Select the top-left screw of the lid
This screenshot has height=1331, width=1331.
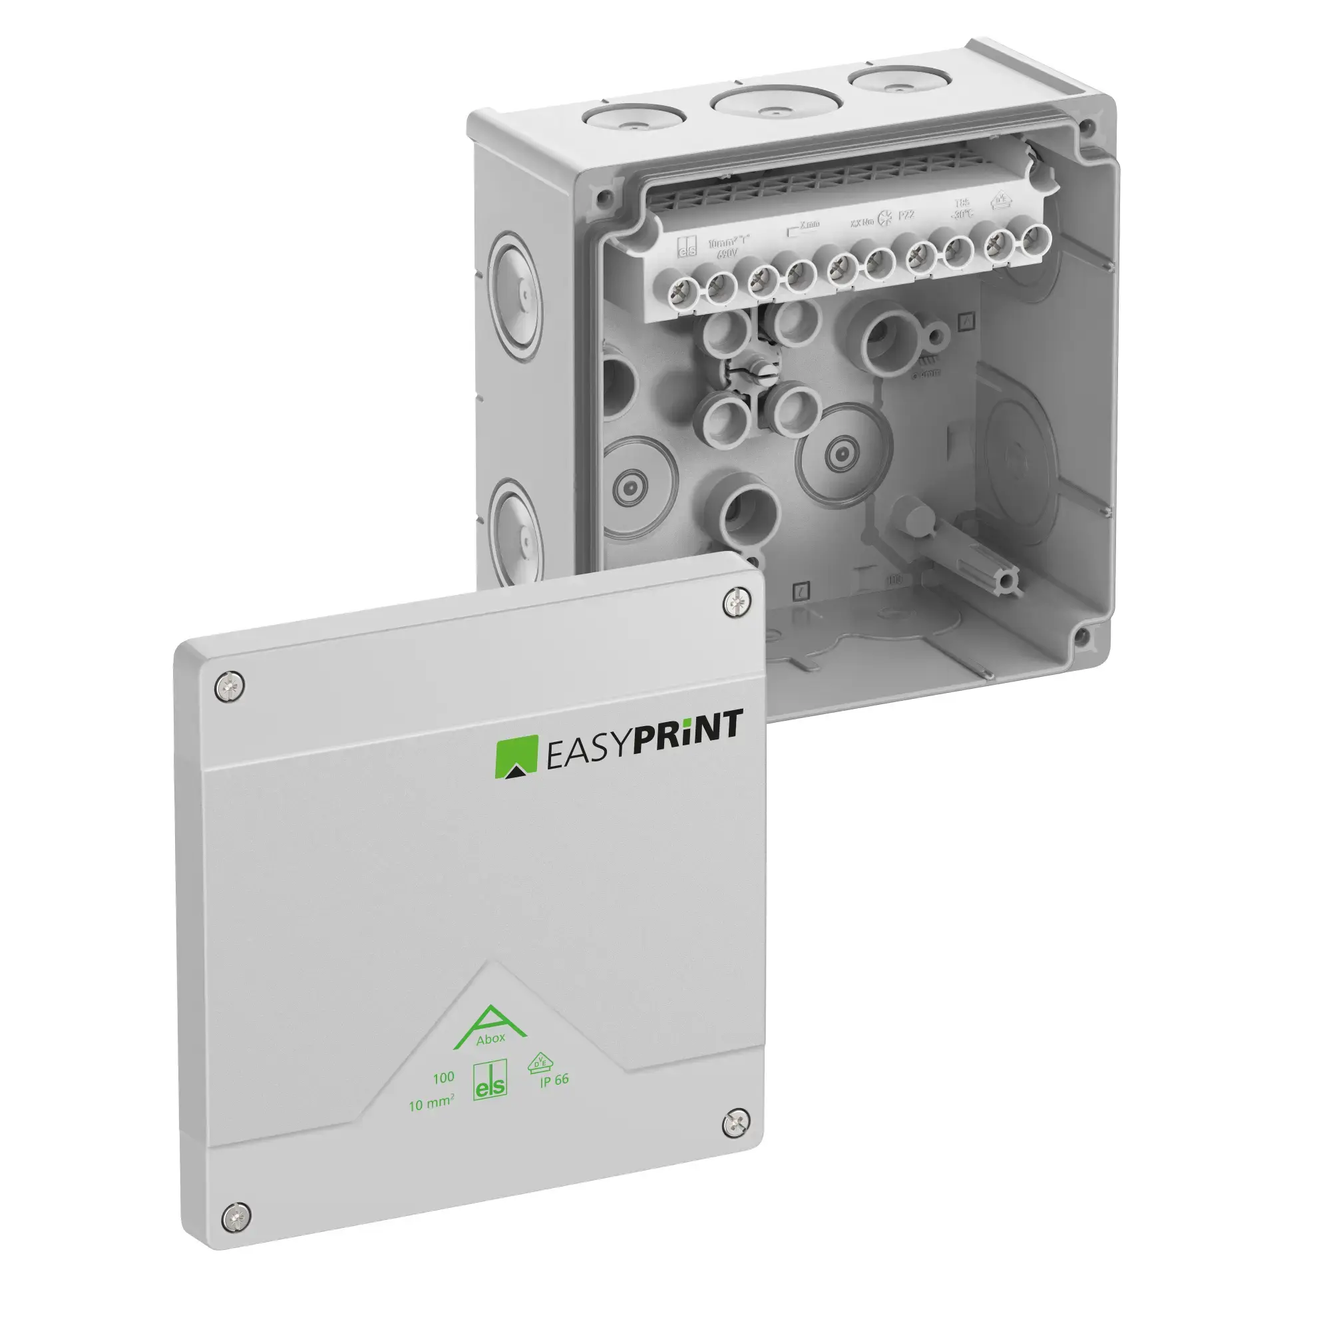pyautogui.click(x=230, y=687)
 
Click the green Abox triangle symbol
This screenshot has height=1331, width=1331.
pyautogui.click(x=490, y=1030)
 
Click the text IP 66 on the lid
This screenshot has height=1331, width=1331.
pyautogui.click(x=554, y=1079)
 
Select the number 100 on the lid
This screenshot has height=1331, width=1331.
pyautogui.click(x=443, y=1077)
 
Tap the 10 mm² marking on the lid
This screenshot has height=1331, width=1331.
pyautogui.click(x=431, y=1104)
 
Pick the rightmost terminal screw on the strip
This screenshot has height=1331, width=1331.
pyautogui.click(x=1032, y=241)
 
